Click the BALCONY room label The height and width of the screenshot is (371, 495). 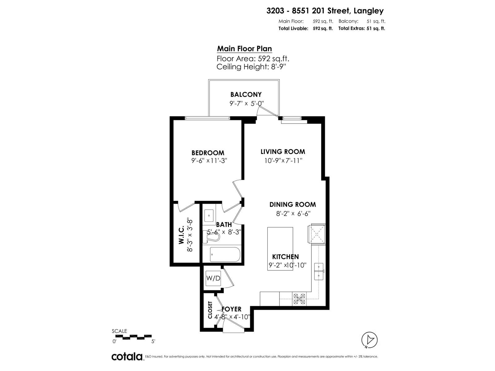(246, 95)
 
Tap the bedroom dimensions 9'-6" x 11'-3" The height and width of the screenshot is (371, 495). (209, 161)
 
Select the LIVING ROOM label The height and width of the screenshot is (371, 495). (282, 152)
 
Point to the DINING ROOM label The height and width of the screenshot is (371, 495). (292, 204)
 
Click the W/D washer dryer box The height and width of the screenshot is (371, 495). (213, 278)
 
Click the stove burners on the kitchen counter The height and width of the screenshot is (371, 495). (299, 299)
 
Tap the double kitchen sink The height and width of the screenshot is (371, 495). (319, 271)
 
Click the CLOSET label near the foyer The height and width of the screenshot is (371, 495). (210, 310)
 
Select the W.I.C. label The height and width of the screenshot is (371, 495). (181, 235)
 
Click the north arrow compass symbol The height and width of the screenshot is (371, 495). (369, 340)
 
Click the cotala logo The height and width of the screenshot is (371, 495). (127, 356)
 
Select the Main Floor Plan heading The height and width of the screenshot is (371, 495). (244, 49)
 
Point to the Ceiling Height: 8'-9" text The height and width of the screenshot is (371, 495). (251, 67)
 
